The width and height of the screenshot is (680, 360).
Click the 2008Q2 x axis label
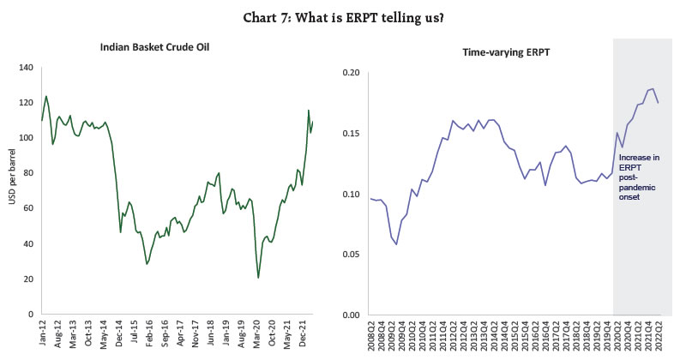[371, 336]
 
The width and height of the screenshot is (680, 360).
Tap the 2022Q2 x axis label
[656, 336]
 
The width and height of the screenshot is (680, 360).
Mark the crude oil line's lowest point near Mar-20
[258, 278]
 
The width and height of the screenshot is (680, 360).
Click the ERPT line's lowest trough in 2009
[396, 244]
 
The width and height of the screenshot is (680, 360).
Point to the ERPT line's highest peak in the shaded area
[652, 88]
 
